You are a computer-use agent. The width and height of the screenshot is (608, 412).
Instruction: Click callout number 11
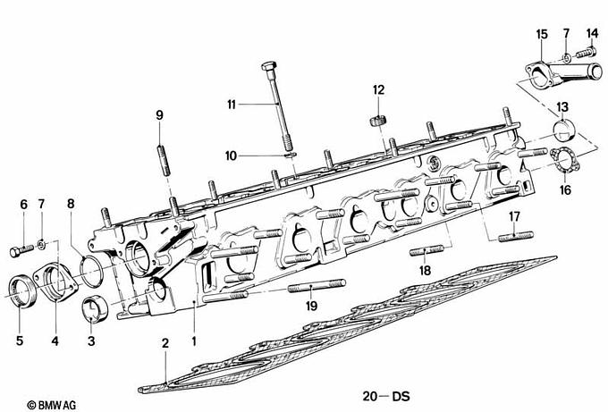coord(231,105)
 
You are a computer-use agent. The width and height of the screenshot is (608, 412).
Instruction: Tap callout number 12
coord(378,89)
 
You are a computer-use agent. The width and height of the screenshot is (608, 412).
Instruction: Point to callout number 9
coord(159,114)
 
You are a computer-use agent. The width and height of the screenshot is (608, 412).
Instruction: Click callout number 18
coord(425,269)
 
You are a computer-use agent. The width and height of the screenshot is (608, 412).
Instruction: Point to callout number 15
coord(542,34)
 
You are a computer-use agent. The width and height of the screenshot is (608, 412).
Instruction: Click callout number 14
coord(591,34)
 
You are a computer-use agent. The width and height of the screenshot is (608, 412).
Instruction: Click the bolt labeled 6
coord(23,241)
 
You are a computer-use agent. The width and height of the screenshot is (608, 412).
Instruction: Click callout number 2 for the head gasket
coord(165,343)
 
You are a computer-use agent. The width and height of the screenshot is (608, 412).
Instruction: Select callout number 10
coord(231,156)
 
